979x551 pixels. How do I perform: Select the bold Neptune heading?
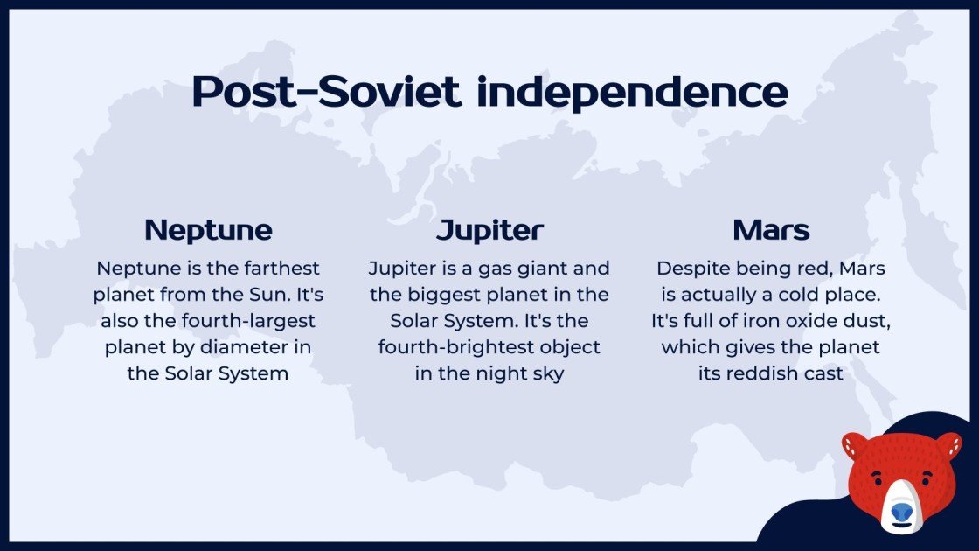(208, 230)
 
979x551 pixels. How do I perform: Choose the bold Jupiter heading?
(489, 230)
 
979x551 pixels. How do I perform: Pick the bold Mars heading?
(771, 230)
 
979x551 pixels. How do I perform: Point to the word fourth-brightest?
(489, 347)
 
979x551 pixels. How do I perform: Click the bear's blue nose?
(901, 511)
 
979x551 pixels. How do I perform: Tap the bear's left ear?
(853, 445)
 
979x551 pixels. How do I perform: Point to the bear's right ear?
(948, 445)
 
